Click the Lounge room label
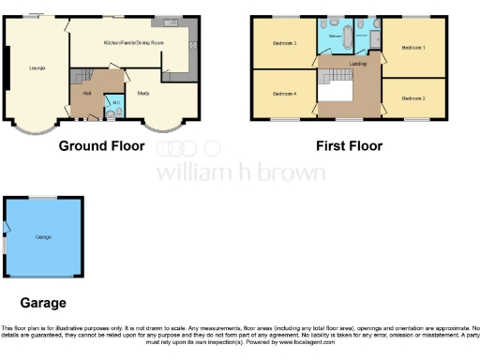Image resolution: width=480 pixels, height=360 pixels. click(37, 67)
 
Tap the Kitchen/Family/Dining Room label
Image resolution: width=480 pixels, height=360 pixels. click(133, 43)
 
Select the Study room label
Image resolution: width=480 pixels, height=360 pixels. click(143, 93)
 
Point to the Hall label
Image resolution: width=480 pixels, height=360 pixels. click(86, 94)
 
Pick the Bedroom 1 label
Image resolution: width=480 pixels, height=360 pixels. click(412, 47)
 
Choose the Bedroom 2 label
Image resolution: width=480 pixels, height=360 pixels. click(413, 97)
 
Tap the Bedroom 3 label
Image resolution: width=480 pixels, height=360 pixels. click(284, 43)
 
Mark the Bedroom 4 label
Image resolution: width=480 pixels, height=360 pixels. click(284, 94)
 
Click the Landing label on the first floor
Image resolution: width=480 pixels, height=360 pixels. click(357, 64)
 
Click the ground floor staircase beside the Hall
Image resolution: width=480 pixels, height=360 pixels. click(84, 75)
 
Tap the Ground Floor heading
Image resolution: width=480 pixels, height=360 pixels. click(101, 145)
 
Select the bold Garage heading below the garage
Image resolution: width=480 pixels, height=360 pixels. click(43, 303)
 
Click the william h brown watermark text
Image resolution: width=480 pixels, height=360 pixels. click(240, 172)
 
